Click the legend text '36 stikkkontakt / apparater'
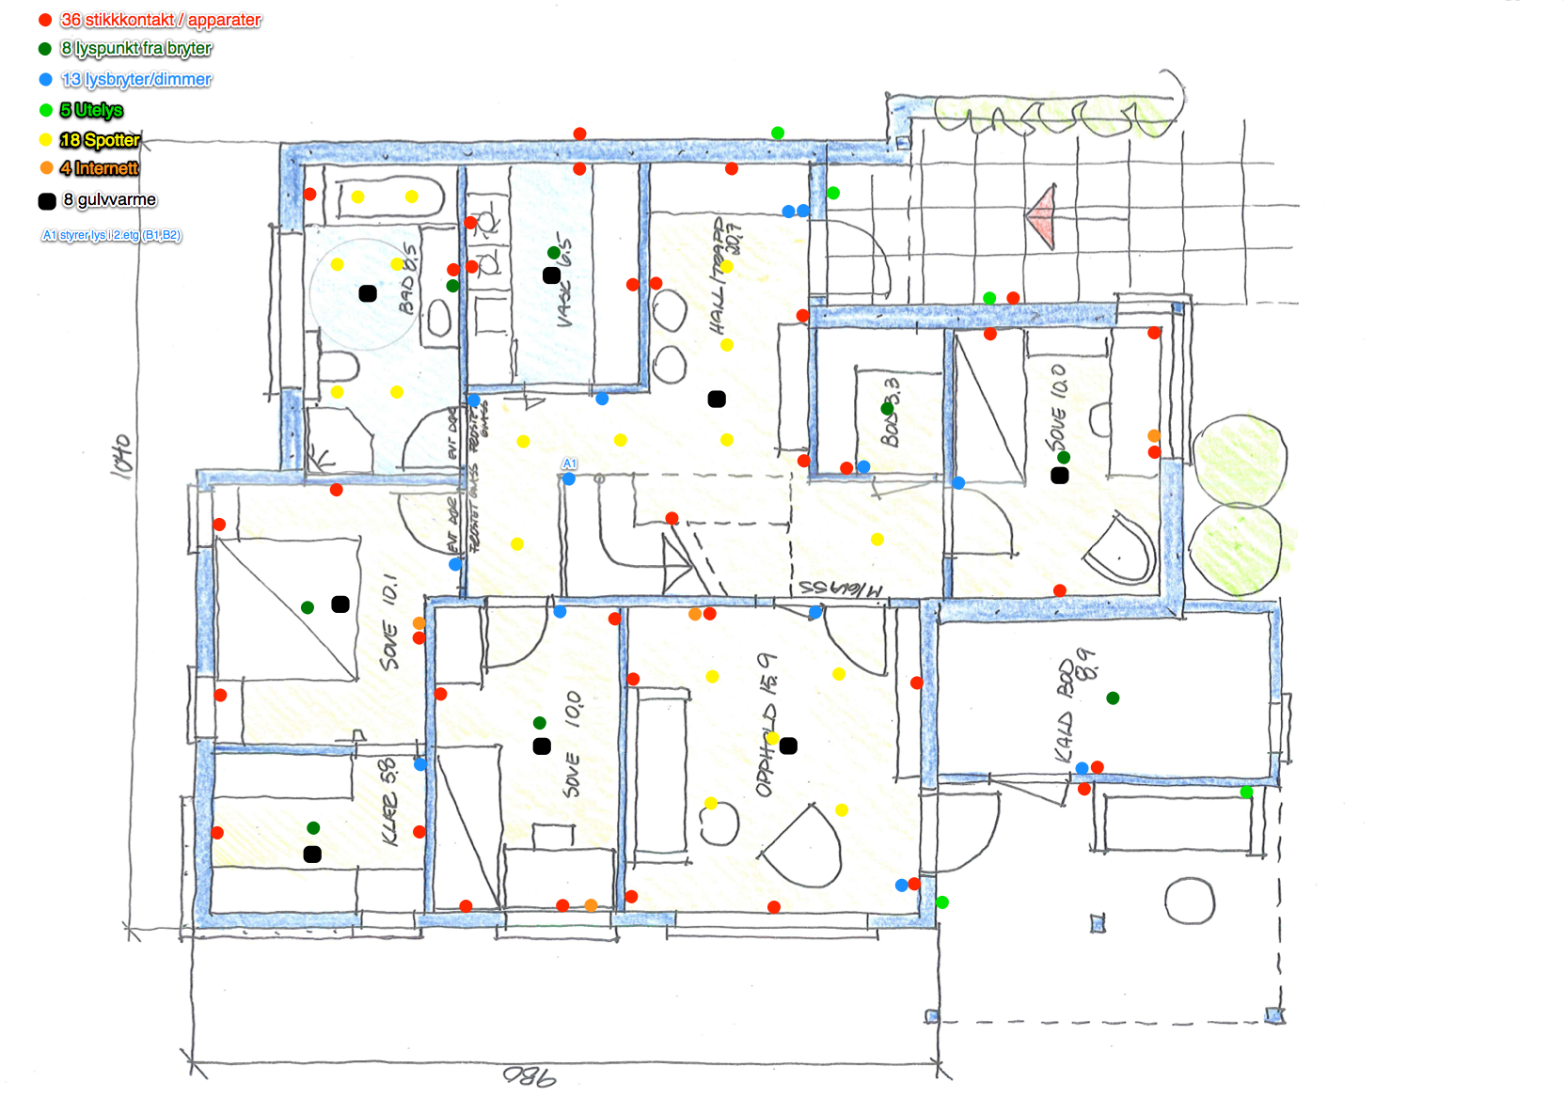coord(160,20)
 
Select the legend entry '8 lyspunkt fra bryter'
coord(135,49)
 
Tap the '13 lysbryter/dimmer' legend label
coord(135,80)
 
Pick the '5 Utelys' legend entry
coord(91,110)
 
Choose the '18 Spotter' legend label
coord(99,140)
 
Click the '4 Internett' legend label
coord(99,168)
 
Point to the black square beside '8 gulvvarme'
coord(47,201)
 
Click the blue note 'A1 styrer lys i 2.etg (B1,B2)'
coord(111,235)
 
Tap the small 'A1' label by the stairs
coord(569,463)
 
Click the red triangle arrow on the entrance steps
coord(1042,216)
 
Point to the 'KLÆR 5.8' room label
coord(388,802)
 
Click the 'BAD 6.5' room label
coord(409,278)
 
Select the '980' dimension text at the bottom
coord(530,1075)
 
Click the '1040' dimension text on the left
coord(122,456)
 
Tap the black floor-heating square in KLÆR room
coord(312,855)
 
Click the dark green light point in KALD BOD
coord(1113,698)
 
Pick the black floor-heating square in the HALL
coord(717,400)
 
